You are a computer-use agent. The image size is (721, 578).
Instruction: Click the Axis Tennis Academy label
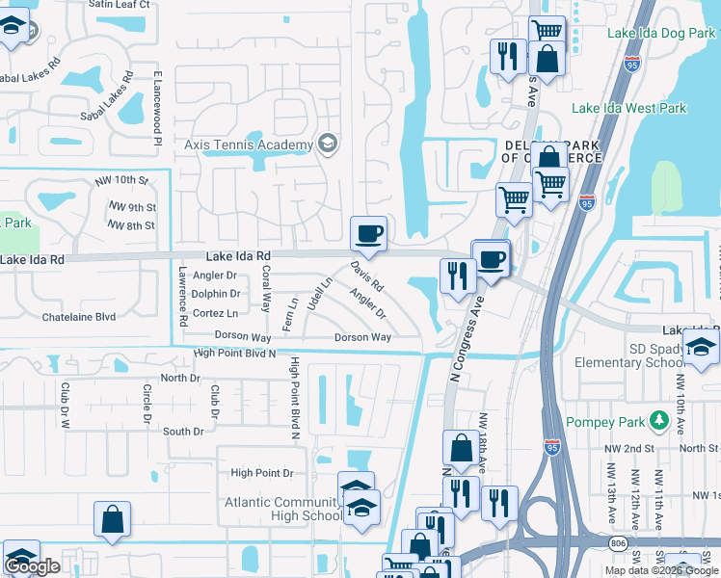(x=249, y=145)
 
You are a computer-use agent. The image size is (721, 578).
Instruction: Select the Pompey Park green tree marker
(x=658, y=420)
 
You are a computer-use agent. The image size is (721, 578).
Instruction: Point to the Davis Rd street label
(x=367, y=276)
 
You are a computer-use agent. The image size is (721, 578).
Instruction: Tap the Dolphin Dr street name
(x=216, y=294)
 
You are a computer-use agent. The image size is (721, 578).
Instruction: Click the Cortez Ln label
(x=216, y=313)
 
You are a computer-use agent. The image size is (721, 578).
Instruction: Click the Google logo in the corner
(x=32, y=566)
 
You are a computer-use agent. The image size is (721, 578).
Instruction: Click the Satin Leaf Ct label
(x=119, y=5)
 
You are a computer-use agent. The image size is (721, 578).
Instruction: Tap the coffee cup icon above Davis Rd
(x=368, y=233)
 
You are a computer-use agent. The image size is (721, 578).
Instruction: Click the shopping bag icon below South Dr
(x=112, y=518)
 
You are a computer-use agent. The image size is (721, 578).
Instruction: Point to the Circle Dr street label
(x=147, y=405)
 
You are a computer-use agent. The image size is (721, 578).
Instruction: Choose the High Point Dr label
(x=261, y=473)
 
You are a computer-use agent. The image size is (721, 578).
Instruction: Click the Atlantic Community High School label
(x=281, y=509)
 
